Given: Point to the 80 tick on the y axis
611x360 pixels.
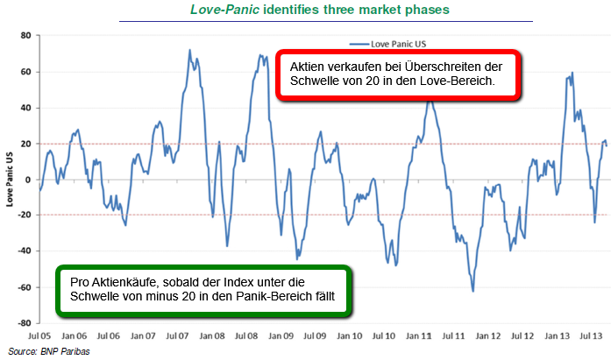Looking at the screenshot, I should tap(25, 35).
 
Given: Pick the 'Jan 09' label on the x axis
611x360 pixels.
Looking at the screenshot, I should tap(281, 335).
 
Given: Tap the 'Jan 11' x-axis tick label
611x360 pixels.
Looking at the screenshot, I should tap(421, 335).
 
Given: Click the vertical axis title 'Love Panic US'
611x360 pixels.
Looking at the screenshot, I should tap(10, 179).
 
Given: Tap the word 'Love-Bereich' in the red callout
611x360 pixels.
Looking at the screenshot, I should tap(457, 81).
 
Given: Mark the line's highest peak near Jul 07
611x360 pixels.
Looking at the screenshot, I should tap(190, 50).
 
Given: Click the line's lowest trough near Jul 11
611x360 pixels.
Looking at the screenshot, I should tap(472, 292).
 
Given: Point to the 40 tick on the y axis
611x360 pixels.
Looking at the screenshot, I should tap(25, 108).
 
